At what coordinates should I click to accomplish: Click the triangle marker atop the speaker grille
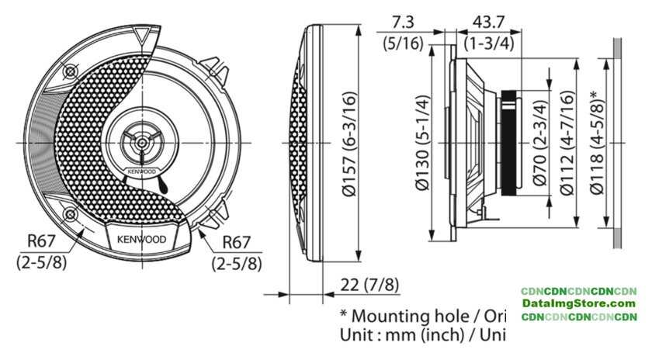(x=141, y=35)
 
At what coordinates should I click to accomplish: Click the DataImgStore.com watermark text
(x=579, y=303)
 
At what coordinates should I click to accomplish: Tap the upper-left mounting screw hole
(x=71, y=71)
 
